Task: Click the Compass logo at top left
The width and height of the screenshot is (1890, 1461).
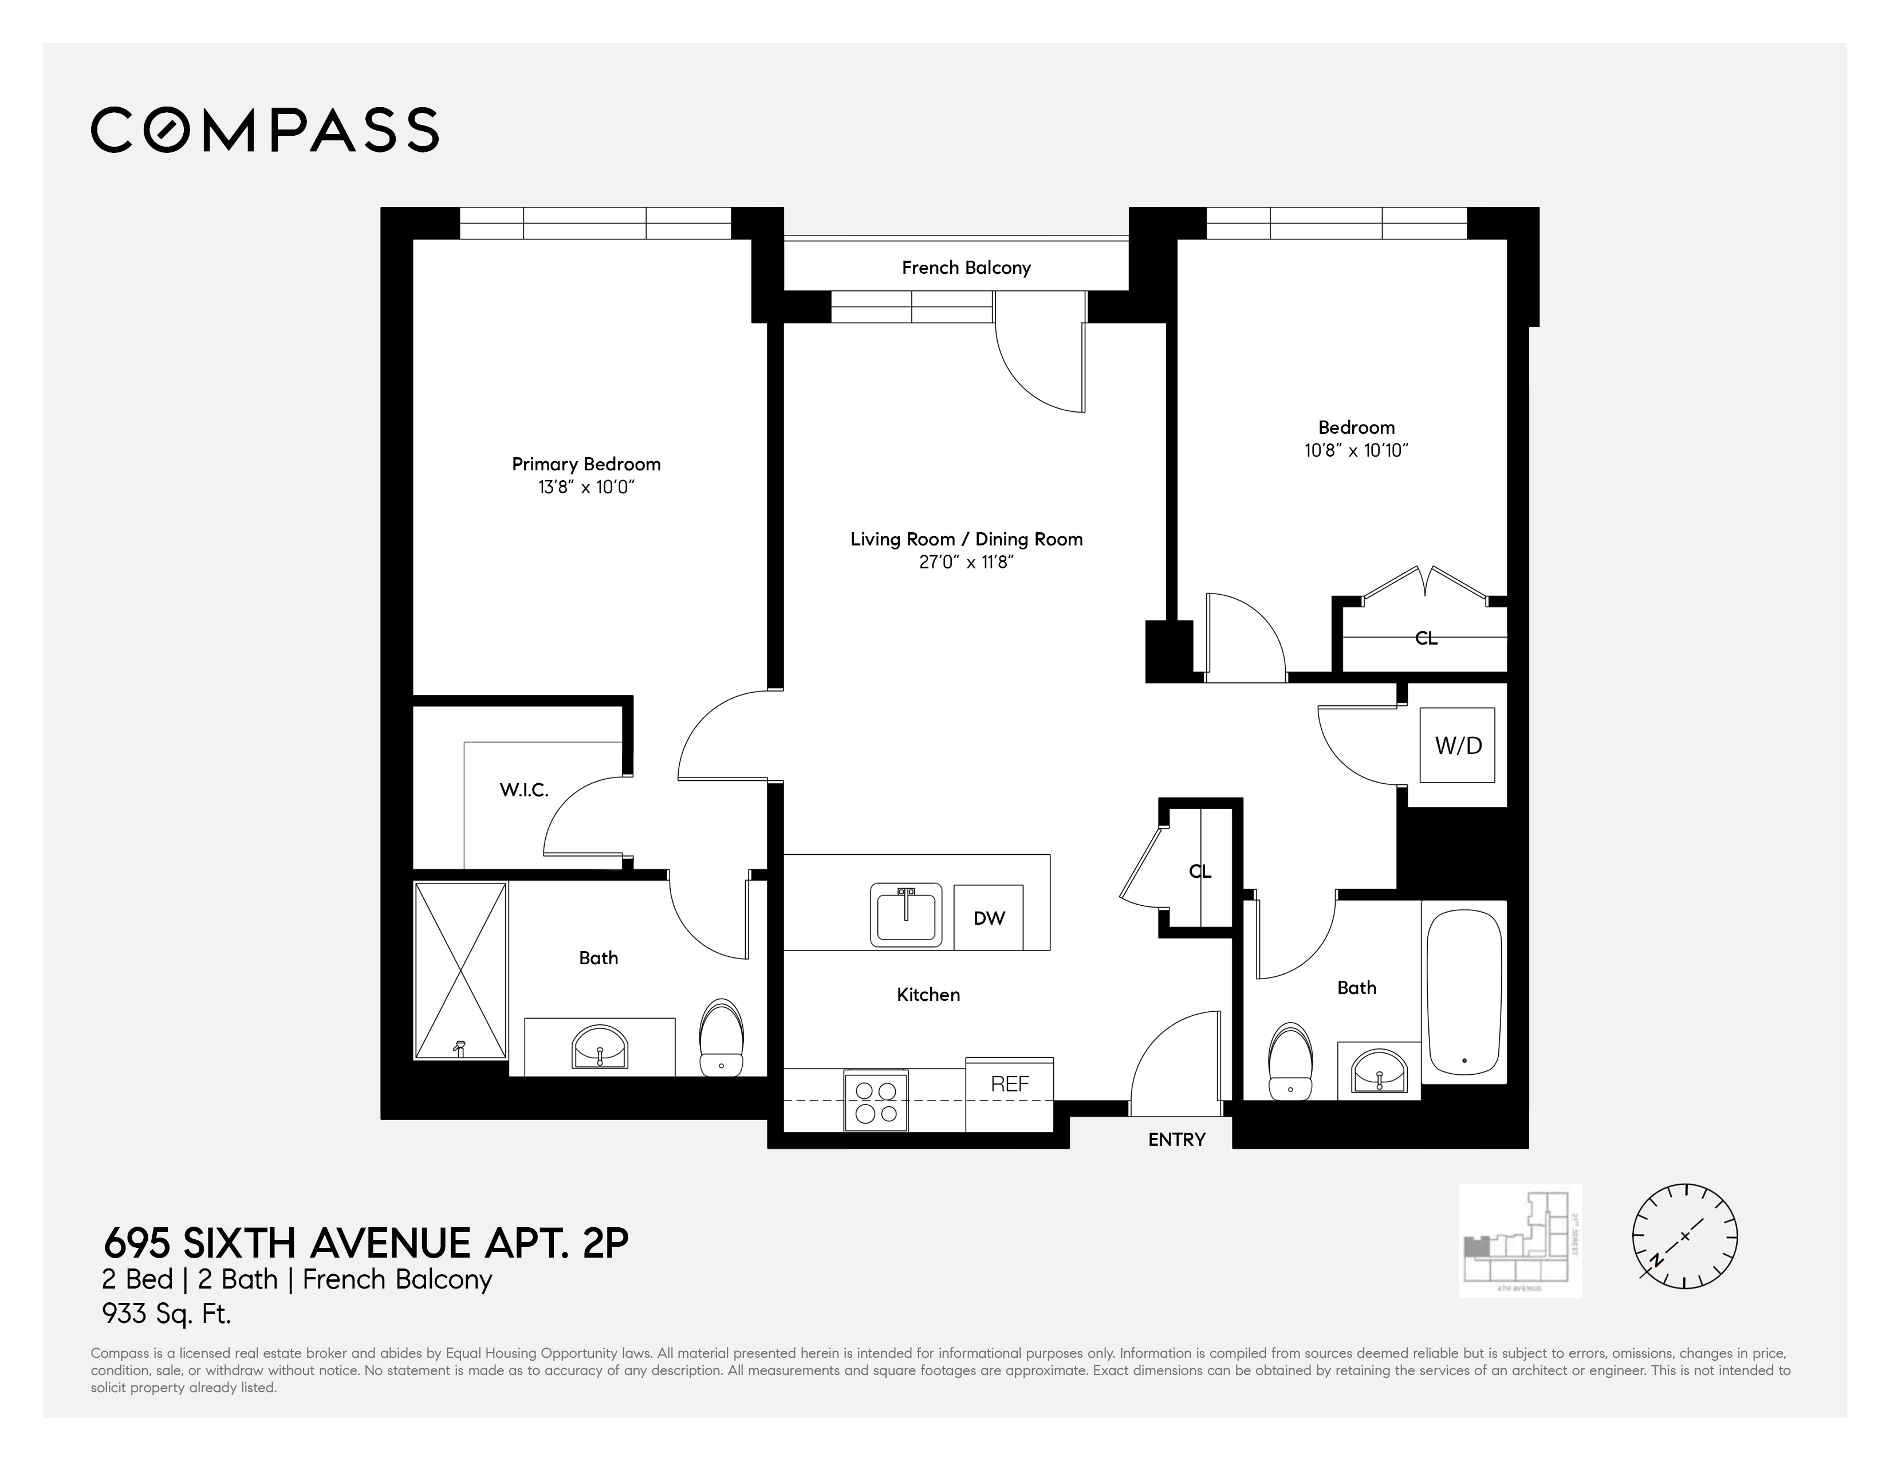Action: click(x=264, y=131)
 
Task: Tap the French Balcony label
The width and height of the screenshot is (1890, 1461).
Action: click(x=966, y=268)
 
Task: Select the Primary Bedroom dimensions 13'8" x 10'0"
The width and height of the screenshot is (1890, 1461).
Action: click(x=586, y=488)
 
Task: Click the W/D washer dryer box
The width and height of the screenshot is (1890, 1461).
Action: click(x=1458, y=745)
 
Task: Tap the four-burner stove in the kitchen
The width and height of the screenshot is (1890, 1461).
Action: click(x=876, y=1102)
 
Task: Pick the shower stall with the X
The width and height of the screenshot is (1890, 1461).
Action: click(x=460, y=970)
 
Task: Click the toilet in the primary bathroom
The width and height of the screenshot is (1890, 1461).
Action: click(x=721, y=1038)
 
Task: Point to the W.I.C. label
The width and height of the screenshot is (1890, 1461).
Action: click(x=523, y=790)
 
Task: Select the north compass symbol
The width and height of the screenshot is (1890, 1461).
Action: click(x=1684, y=1236)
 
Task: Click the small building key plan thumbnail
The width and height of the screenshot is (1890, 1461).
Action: click(x=1519, y=1240)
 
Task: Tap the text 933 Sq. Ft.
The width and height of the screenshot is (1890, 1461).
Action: click(x=166, y=1314)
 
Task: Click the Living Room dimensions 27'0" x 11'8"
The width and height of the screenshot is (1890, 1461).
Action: click(x=966, y=563)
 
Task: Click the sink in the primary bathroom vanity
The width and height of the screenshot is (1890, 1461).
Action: click(x=600, y=1048)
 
